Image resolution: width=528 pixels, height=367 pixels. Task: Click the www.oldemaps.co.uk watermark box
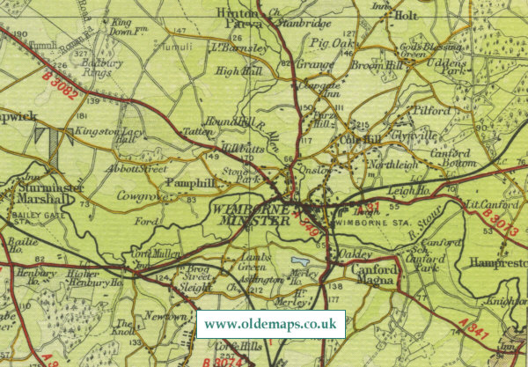271,324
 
